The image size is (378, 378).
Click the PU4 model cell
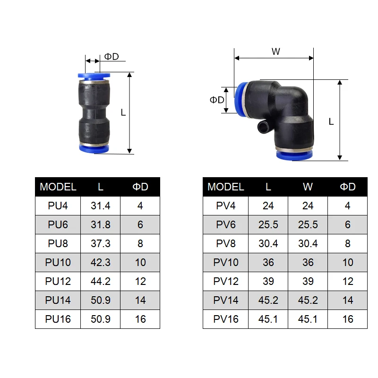tap(58, 206)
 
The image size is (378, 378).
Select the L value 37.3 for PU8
tap(101, 243)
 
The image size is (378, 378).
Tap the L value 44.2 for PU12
tap(101, 281)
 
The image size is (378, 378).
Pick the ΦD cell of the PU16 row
tap(140, 319)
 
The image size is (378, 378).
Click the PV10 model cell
tap(226, 262)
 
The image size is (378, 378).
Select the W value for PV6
tap(308, 224)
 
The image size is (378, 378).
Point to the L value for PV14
tap(268, 300)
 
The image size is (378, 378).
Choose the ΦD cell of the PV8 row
tap(348, 243)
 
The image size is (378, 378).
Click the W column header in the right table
tap(308, 187)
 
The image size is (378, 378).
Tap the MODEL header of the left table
tap(58, 187)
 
